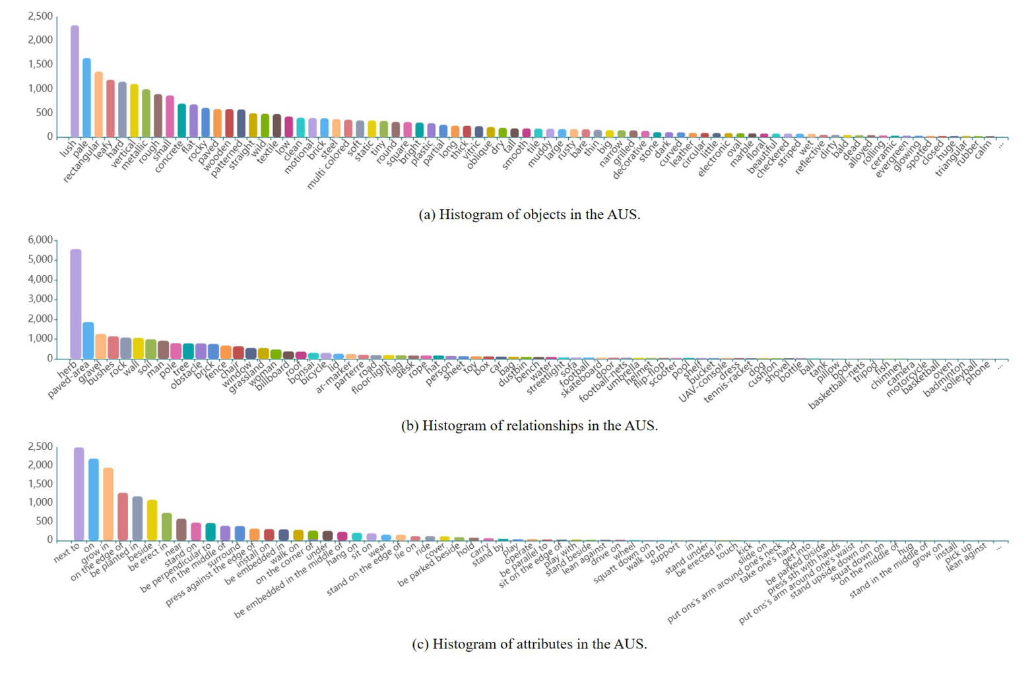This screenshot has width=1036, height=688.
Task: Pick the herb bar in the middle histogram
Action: point(76,303)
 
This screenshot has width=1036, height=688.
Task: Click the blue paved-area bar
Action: point(88,340)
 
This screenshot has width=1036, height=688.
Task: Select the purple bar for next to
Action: point(79,493)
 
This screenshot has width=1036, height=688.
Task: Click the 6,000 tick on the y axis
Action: point(40,240)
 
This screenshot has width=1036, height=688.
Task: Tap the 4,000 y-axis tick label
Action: point(40,279)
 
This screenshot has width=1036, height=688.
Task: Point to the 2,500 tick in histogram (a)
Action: point(40,16)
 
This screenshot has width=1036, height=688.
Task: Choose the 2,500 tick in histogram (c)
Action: point(40,447)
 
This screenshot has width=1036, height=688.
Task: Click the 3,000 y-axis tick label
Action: point(40,299)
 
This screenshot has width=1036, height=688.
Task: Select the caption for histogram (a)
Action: point(529,214)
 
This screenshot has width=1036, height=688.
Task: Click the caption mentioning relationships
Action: point(529,425)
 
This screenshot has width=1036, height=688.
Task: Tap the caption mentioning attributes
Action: point(529,644)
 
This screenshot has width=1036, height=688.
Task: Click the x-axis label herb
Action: point(67,369)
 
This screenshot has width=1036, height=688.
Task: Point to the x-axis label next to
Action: point(67,551)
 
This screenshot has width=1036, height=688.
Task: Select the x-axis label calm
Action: point(983,150)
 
